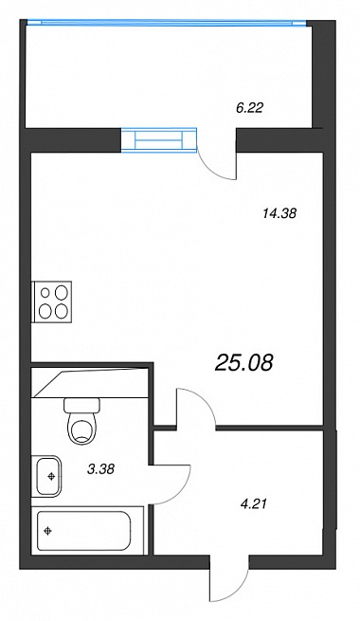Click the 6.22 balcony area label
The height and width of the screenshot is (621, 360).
pos(249,107)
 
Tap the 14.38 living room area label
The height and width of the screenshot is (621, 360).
pos(279,213)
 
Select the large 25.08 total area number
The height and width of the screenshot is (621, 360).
pos(244,363)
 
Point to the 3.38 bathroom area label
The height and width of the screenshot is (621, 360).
pos(100,469)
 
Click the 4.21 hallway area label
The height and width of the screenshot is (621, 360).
pos(254,504)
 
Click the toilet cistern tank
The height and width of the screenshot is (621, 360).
pos(82,406)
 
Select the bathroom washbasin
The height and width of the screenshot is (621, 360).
pos(48,476)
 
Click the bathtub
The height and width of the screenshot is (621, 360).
pos(84,530)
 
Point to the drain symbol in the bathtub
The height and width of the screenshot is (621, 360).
pos(48,530)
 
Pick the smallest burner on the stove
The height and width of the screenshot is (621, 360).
pos(45,293)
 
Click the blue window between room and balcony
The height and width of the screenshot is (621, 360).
pos(158,139)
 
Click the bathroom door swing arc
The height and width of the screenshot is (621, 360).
pos(180,484)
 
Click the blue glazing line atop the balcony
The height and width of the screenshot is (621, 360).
pos(166,23)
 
